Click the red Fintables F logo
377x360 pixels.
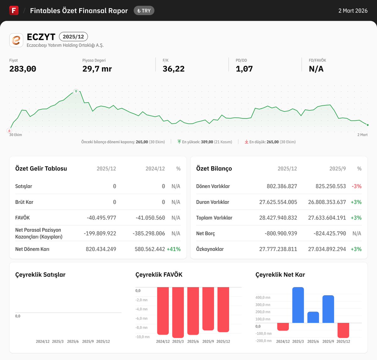14,10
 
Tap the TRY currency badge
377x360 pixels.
144,11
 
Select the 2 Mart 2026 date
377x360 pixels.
353,11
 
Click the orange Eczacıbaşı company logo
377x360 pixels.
16,40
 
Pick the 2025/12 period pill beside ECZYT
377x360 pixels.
73,37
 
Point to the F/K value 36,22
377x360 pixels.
173,69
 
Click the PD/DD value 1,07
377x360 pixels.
244,69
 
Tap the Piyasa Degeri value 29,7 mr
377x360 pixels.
97,69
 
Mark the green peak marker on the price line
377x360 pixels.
76,91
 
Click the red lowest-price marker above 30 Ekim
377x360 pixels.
9,130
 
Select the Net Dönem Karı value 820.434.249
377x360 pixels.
101,249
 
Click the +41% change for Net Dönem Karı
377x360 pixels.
173,249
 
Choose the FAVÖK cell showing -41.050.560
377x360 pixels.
150,218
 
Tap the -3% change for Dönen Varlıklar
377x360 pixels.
357,186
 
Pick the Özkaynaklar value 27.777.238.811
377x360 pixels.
278,249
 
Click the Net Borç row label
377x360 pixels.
205,233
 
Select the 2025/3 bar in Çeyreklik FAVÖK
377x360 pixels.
178,312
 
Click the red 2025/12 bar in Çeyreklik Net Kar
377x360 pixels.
343,330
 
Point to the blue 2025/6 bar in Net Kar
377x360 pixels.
313,317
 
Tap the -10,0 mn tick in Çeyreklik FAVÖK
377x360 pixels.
142,337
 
